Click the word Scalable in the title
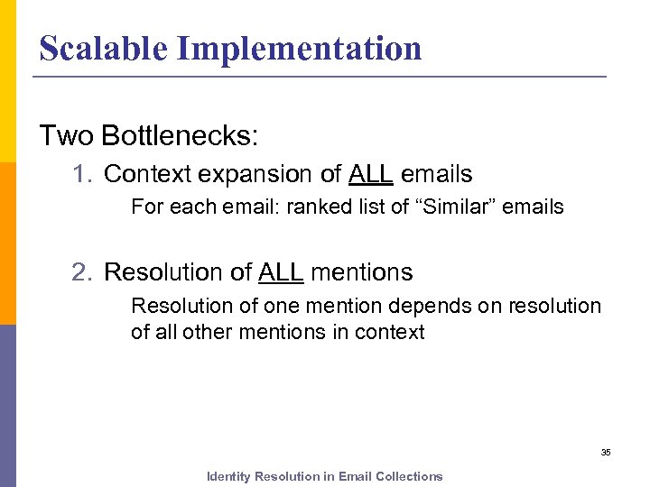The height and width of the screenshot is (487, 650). coord(103,48)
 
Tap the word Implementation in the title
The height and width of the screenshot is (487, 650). coord(299,48)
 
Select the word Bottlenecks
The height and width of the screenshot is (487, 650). coord(180,135)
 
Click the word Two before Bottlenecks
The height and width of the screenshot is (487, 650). coord(67,135)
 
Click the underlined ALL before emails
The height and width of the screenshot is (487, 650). coord(370,173)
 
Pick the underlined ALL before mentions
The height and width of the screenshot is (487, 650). coord(282,271)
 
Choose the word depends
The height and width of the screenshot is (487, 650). coord(428,306)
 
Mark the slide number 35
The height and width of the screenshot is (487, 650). coord(606,452)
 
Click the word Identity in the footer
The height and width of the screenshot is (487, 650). coord(228,476)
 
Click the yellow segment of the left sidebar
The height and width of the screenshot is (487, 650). coord(7,81)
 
